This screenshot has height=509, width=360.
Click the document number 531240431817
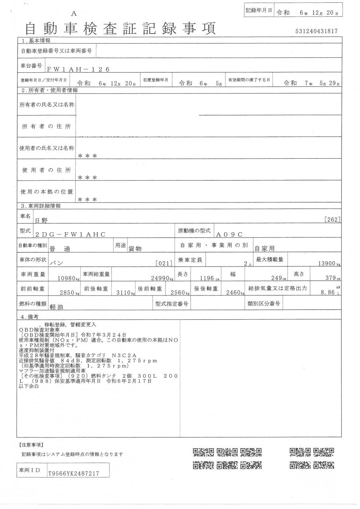pos(317,31)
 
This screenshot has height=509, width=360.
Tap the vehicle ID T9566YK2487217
pos(73,473)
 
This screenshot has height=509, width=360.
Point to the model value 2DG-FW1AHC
pos(70,235)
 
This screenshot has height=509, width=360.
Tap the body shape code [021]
pos(164,263)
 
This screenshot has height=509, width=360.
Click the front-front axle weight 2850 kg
pos(70,293)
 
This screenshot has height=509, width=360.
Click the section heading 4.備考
pos(30,317)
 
